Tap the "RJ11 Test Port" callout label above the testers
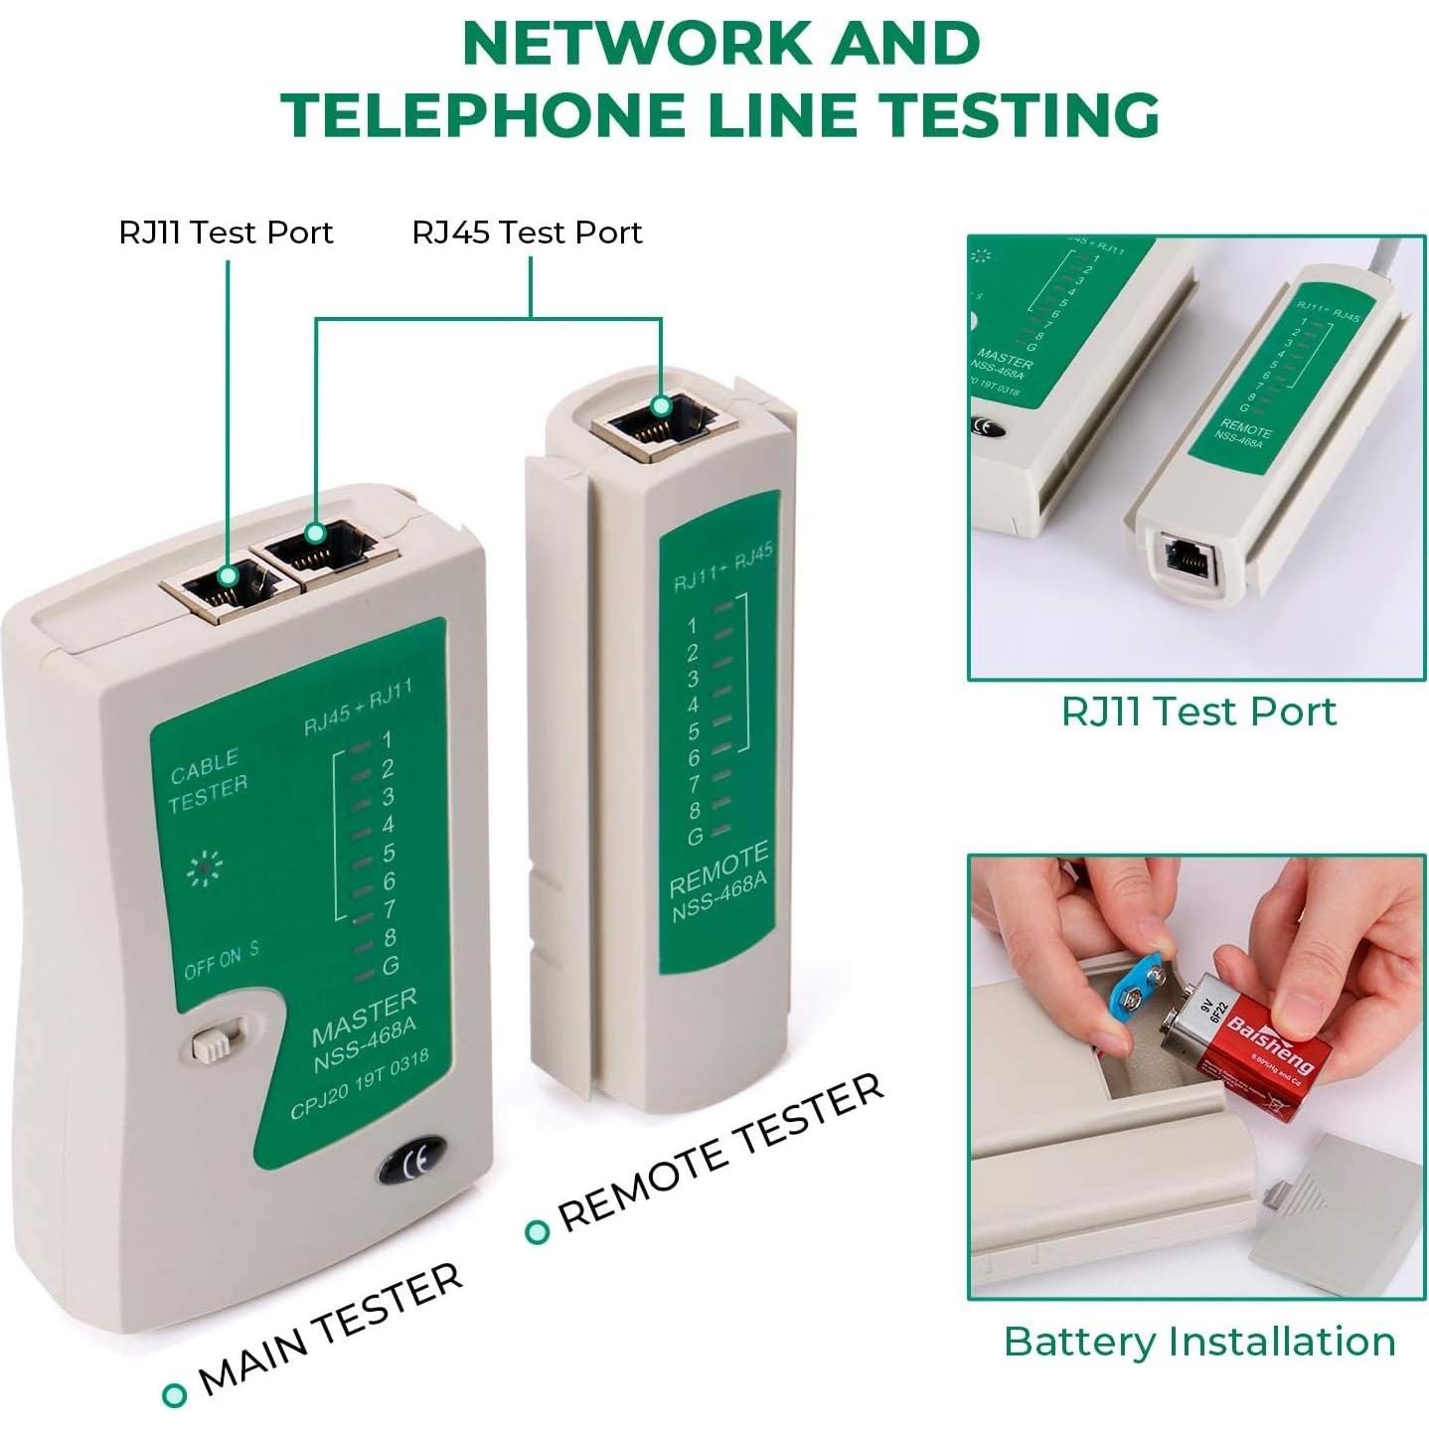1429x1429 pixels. (226, 233)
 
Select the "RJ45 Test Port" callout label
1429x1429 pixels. (527, 233)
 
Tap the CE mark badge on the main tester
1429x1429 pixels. (411, 1160)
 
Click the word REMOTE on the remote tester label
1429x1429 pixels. (717, 869)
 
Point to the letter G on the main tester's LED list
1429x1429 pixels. (391, 965)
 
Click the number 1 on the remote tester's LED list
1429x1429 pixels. (692, 626)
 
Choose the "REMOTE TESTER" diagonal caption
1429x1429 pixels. (719, 1153)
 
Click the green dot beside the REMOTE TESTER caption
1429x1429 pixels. (537, 1232)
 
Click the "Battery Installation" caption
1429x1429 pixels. (1198, 1342)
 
